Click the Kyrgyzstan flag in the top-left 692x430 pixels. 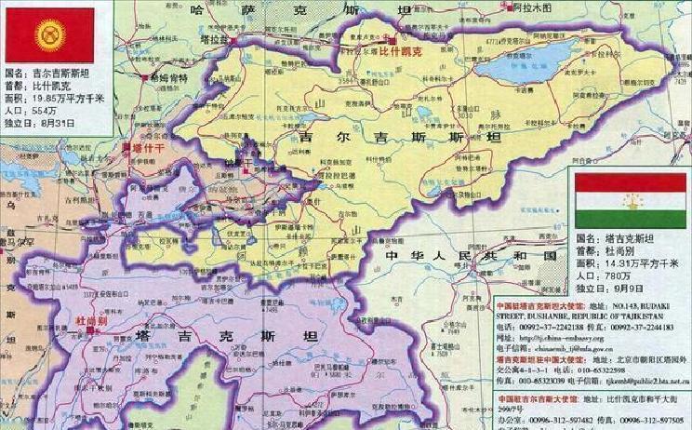click(49, 34)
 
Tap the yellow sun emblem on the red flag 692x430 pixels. click(48, 34)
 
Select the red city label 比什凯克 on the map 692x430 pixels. click(400, 53)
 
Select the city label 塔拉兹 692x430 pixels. click(218, 43)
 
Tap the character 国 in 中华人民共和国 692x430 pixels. click(551, 255)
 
